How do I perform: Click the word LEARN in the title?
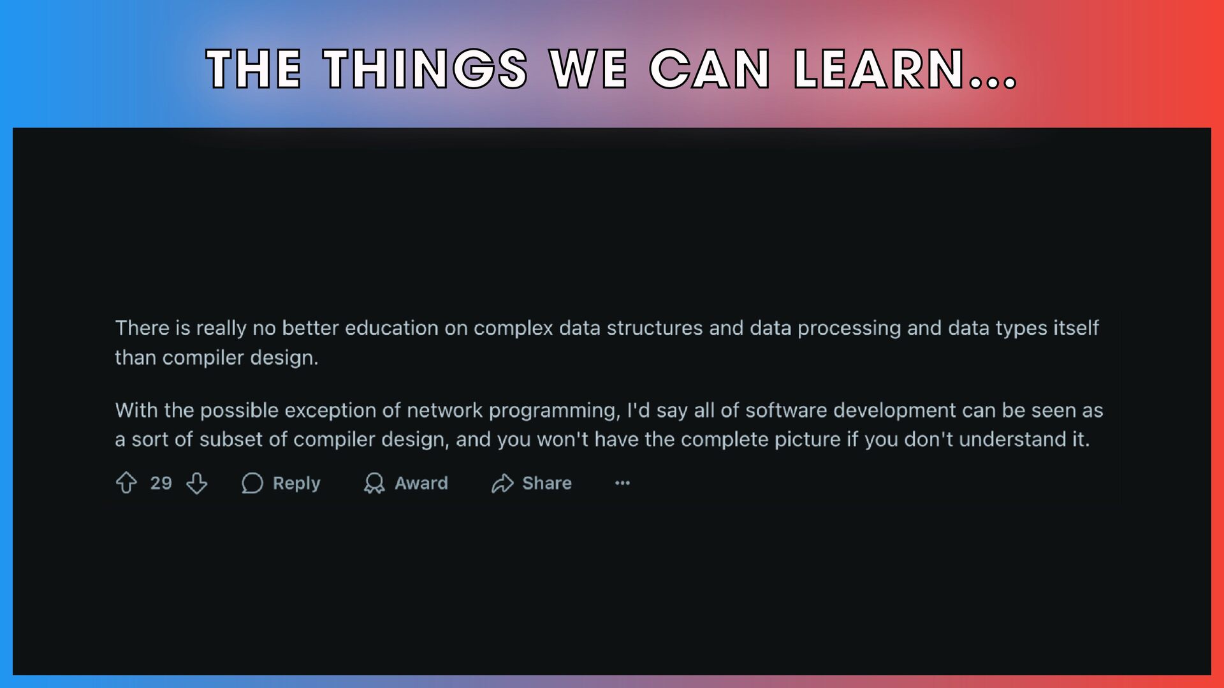point(880,69)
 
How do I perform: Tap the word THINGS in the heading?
point(425,69)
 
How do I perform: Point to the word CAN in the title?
point(710,69)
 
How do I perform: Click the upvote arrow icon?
point(126,483)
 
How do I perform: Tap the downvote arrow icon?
point(197,483)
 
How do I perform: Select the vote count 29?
point(161,483)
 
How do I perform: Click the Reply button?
point(280,483)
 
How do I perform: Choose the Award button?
point(405,483)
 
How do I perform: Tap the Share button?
point(531,483)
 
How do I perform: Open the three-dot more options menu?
point(622,483)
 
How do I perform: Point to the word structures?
point(655,327)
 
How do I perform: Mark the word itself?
point(1075,327)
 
